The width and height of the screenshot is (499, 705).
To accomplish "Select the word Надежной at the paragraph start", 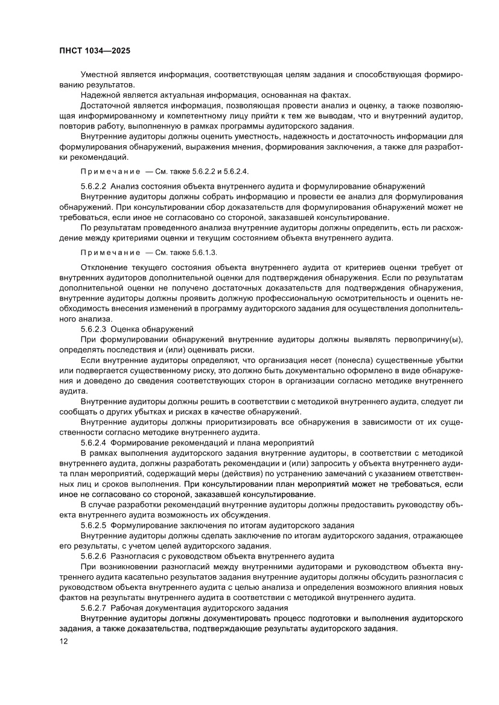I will [x=100, y=95].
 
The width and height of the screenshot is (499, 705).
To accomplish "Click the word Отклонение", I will [x=104, y=267].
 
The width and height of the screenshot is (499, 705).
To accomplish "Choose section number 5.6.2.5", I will [x=94, y=525].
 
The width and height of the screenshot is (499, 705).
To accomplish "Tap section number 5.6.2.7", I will [x=94, y=607].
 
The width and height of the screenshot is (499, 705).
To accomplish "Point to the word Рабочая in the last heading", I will [x=128, y=607].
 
